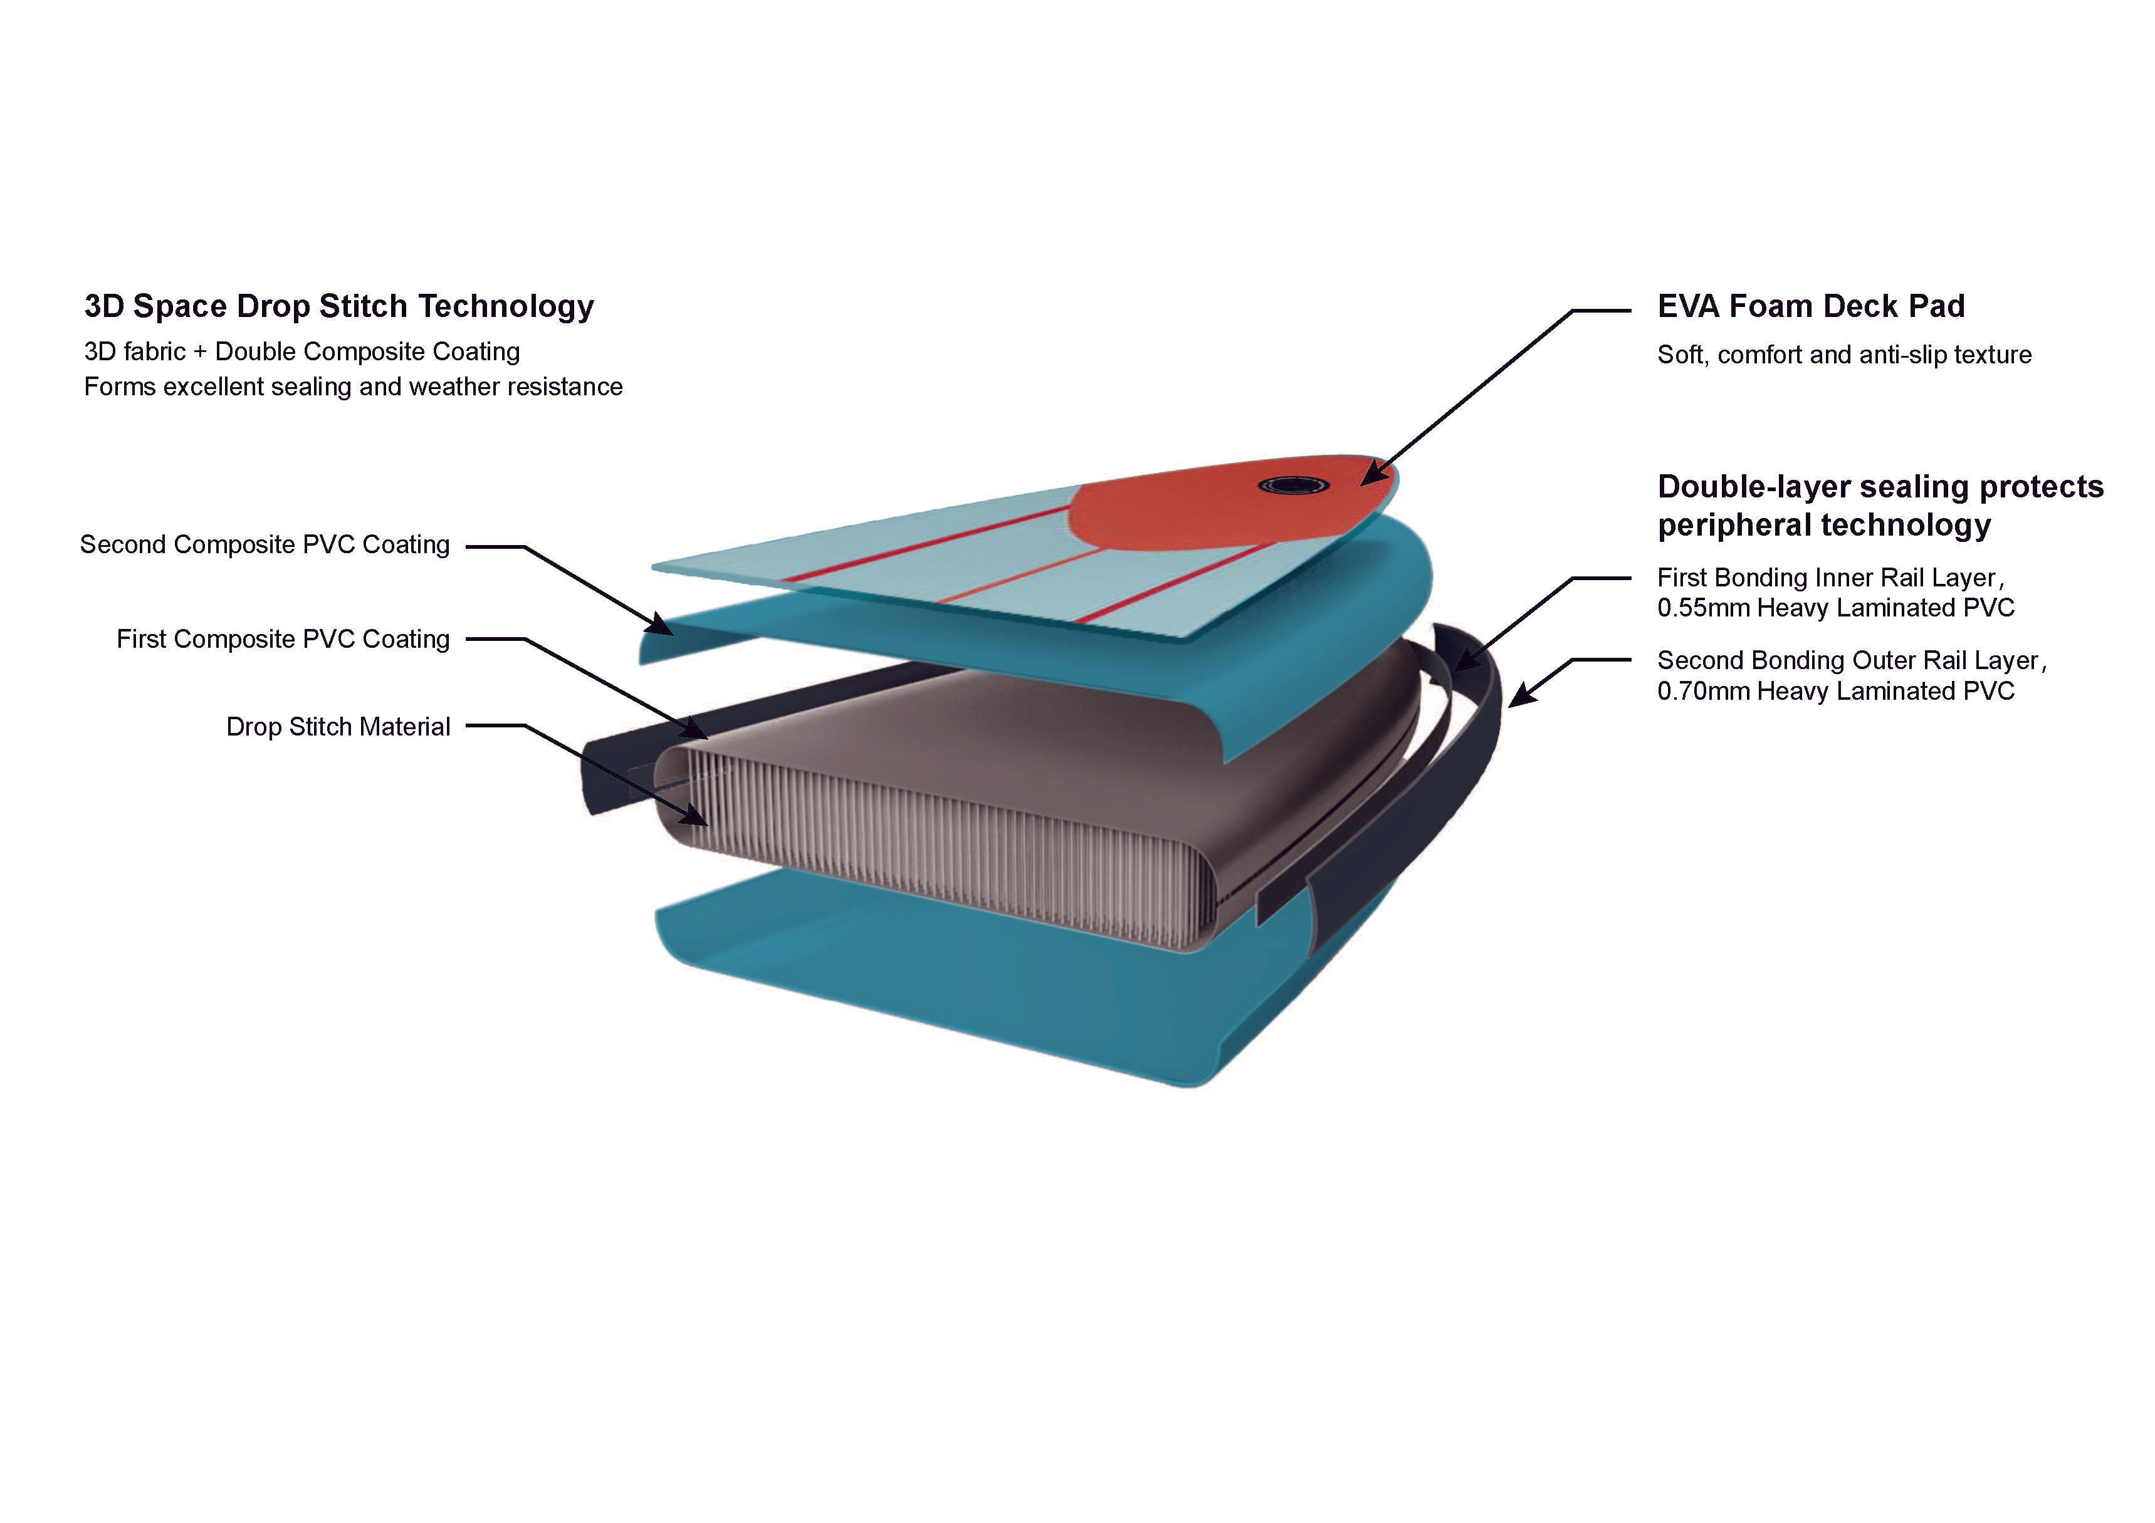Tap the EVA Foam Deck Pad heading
pyautogui.click(x=1810, y=306)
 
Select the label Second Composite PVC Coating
pyautogui.click(x=265, y=545)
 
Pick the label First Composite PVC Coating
pyautogui.click(x=283, y=639)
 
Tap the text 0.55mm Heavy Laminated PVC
pyautogui.click(x=1836, y=608)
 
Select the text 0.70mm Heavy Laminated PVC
pyautogui.click(x=1836, y=692)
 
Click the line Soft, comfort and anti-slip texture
pyautogui.click(x=1844, y=355)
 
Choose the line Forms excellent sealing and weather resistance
pyautogui.click(x=353, y=387)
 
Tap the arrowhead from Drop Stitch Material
pyautogui.click(x=695, y=814)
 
